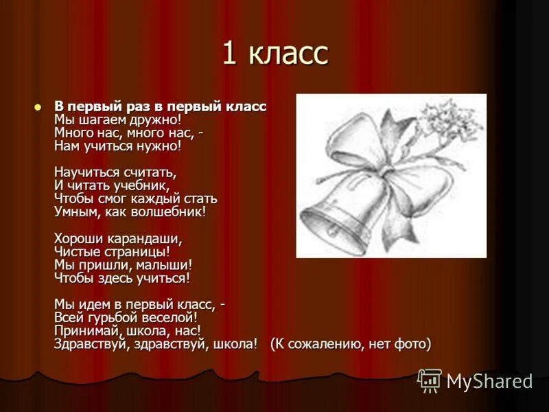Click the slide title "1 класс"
(x=274, y=53)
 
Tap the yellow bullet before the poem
(x=38, y=106)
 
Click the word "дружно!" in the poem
(x=157, y=119)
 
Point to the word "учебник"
(x=142, y=185)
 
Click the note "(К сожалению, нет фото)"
(x=351, y=344)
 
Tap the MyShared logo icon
(x=430, y=380)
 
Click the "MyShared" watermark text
(x=489, y=381)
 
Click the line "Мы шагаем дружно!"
(x=117, y=119)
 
